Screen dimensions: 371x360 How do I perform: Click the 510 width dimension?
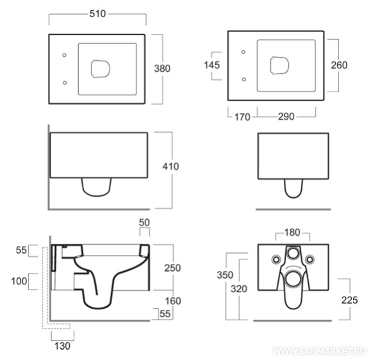97,13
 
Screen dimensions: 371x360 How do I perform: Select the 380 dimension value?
162,69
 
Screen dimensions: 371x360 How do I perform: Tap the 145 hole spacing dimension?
211,65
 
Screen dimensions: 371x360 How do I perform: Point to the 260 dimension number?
339,65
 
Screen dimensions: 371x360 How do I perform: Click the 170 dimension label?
242,117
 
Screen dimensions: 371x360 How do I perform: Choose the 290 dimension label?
286,117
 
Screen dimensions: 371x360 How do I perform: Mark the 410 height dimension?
170,167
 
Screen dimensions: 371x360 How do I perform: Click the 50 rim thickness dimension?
144,222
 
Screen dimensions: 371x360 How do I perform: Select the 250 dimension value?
172,268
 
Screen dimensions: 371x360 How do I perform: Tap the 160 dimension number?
173,301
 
